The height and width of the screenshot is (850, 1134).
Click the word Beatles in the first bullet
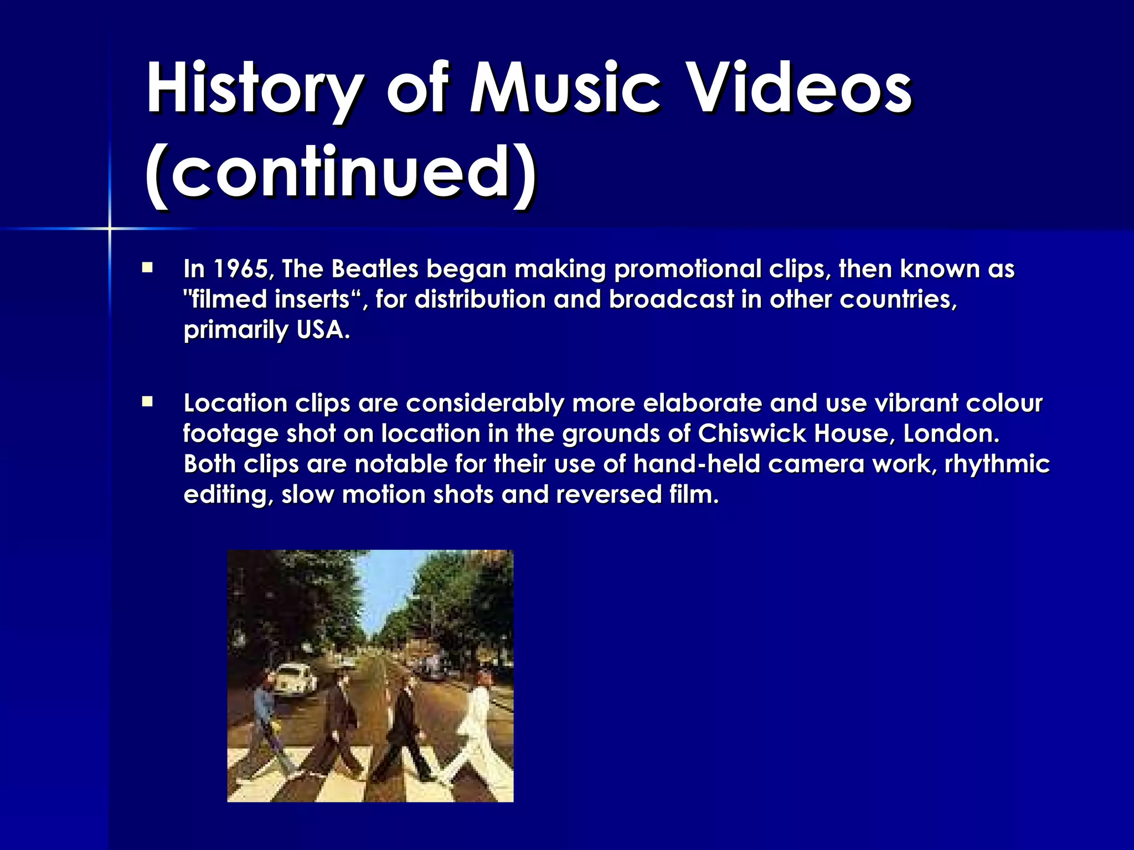point(374,269)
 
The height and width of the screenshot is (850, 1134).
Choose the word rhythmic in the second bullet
point(997,464)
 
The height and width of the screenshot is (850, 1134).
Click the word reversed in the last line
point(609,494)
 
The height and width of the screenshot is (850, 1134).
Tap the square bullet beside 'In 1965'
point(147,268)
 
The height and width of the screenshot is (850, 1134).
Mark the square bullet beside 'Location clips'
point(147,402)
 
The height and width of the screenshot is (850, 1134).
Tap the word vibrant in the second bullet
point(916,403)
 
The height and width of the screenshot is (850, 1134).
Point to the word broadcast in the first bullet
point(671,300)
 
